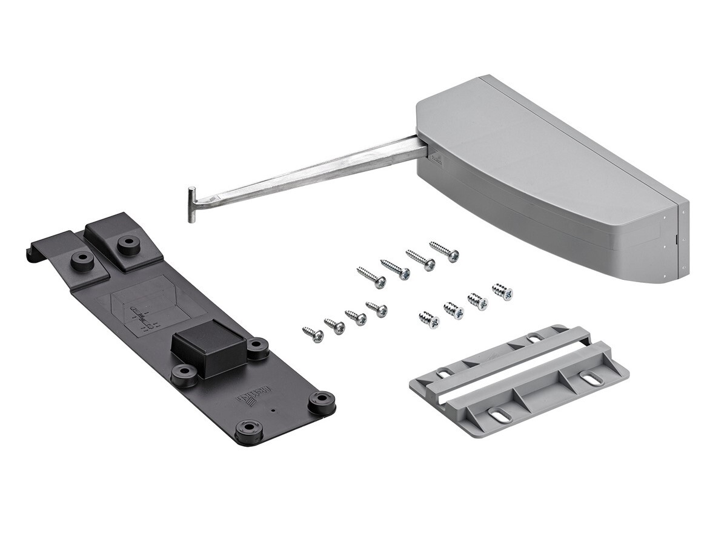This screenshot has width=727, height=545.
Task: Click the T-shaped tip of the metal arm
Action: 191,204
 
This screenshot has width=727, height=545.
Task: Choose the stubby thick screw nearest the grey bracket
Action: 430,320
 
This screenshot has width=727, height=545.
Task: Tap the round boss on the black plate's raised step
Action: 128,243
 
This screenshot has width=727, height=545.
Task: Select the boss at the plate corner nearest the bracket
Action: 322,401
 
